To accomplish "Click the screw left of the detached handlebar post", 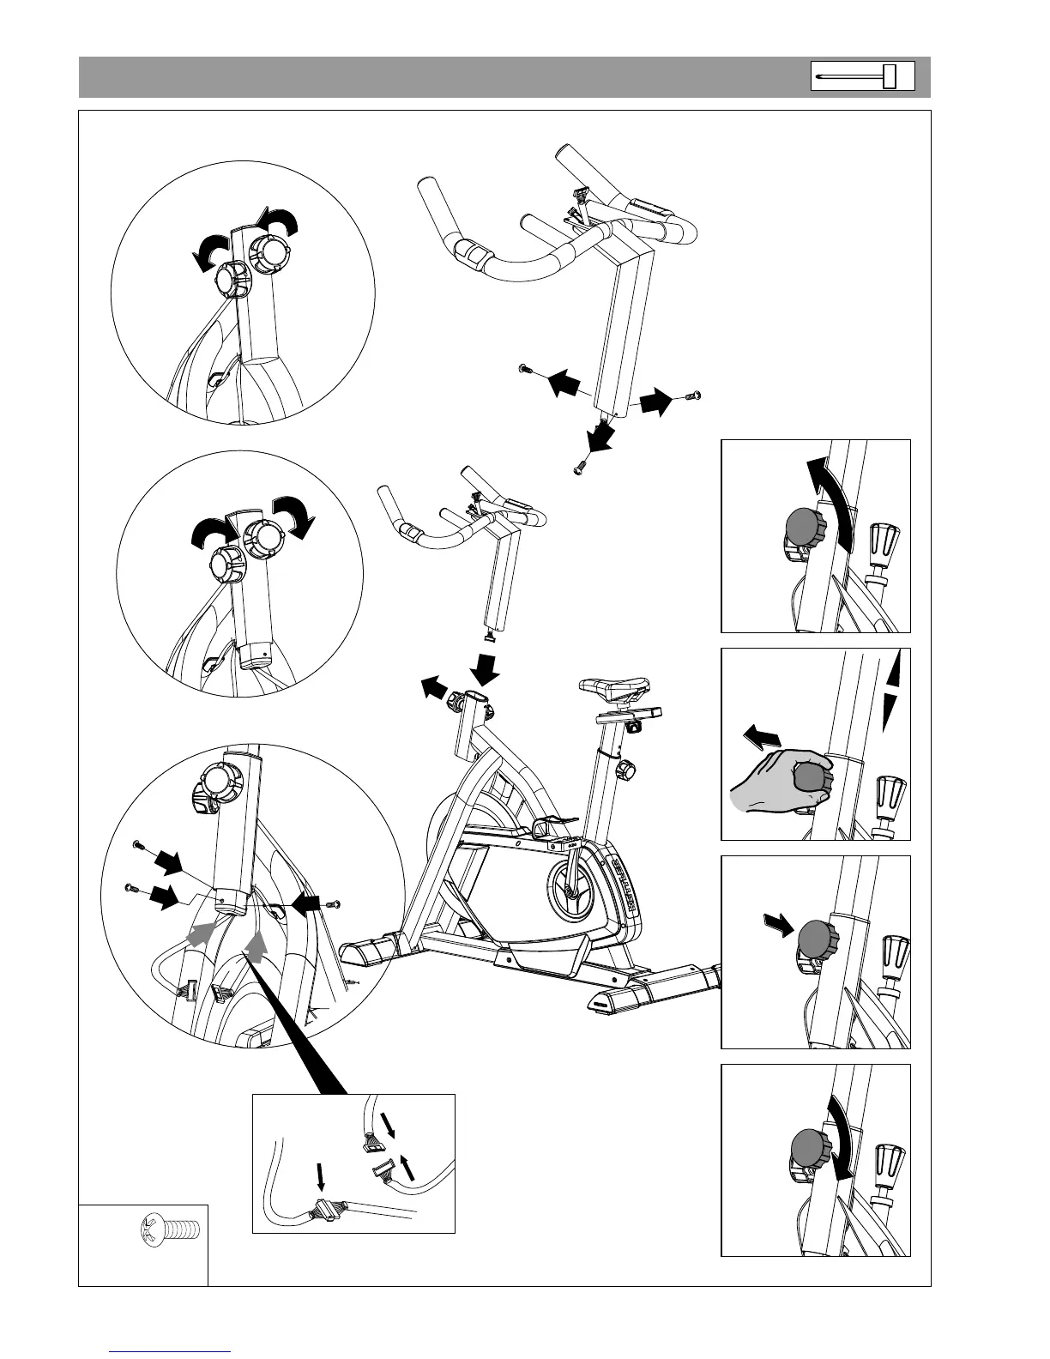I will pyautogui.click(x=524, y=369).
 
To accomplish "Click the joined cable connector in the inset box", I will pyautogui.click(x=323, y=1211).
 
